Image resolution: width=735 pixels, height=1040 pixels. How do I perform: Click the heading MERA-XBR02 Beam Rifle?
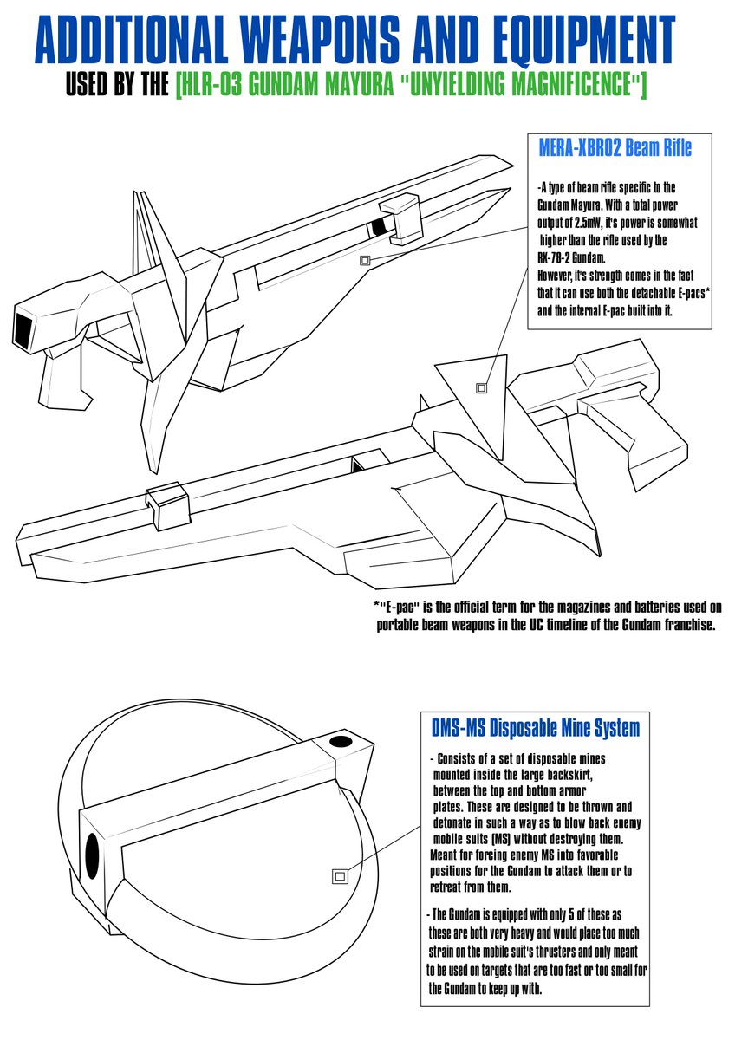coord(615,148)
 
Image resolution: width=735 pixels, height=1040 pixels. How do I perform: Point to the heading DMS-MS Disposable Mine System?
coord(535,726)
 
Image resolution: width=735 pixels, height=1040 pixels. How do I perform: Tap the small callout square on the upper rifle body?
coord(365,260)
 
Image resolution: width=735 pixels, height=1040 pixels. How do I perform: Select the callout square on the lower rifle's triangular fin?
coord(482,388)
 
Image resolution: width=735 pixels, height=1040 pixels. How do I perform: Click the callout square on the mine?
coord(340,876)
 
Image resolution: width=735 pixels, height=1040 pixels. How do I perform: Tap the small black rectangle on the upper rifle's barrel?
coord(378,227)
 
